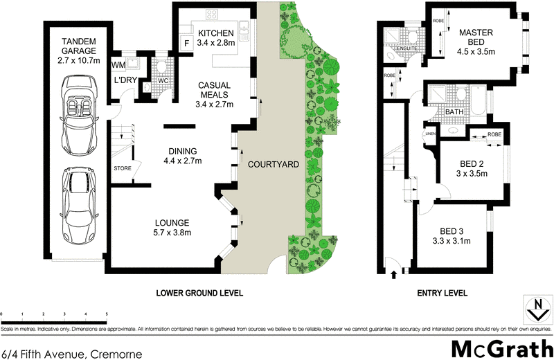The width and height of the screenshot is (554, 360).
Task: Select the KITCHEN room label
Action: (216, 34)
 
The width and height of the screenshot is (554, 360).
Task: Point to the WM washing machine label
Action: (118, 64)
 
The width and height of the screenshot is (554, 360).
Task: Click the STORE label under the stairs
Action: (122, 168)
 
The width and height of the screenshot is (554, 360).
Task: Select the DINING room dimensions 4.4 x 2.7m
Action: (183, 161)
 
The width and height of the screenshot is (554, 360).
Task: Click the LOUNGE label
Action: (172, 223)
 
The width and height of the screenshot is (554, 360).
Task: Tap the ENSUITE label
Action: (409, 48)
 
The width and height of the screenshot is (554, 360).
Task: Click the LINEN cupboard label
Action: (430, 134)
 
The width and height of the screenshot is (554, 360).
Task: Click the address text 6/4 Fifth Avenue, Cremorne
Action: (71, 353)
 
